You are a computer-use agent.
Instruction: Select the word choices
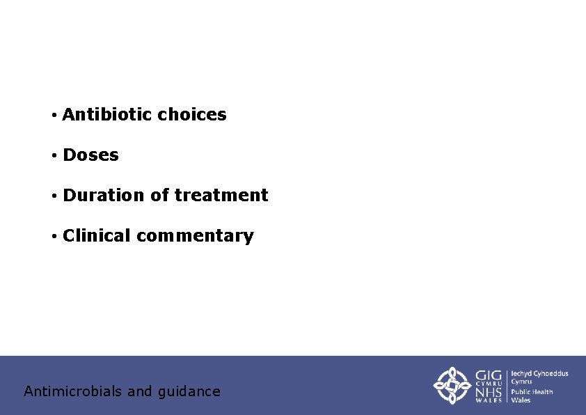point(192,115)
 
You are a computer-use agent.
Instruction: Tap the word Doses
point(90,155)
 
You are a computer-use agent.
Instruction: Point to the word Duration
point(104,196)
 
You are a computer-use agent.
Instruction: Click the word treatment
point(221,196)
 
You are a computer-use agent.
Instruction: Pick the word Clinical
point(97,236)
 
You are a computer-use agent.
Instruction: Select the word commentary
point(195,236)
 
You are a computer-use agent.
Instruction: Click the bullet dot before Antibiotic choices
point(53,115)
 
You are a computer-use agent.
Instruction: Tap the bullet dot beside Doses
point(53,155)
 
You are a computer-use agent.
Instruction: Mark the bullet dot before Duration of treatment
point(53,196)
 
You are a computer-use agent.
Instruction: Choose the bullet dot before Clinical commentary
point(53,236)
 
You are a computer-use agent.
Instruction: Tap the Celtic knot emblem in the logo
point(452,385)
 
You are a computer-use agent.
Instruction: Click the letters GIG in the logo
point(489,376)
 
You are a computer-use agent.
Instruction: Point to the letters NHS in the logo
point(489,392)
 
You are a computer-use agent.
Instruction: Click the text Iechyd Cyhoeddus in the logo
point(540,374)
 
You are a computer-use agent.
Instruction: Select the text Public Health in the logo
point(532,392)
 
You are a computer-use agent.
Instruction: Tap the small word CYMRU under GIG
point(489,384)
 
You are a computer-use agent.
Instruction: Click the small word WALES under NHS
point(489,400)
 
